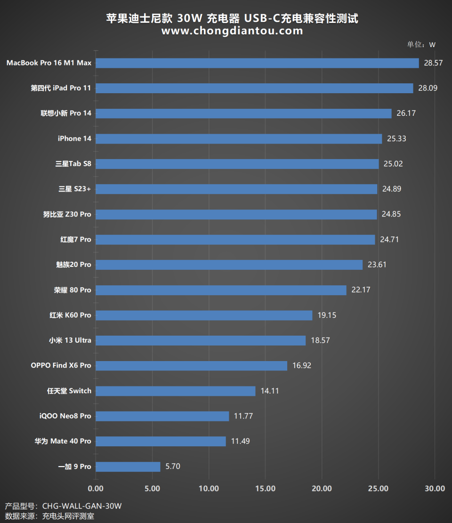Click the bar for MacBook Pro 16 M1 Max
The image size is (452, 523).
click(x=257, y=63)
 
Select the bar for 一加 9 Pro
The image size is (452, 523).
click(x=128, y=467)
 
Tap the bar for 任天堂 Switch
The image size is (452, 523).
click(x=176, y=391)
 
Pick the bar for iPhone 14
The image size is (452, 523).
click(x=239, y=138)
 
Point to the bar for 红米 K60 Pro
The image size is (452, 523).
click(x=204, y=315)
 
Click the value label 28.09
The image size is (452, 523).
click(x=428, y=88)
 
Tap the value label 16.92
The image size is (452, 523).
click(x=301, y=365)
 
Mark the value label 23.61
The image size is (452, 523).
click(x=377, y=265)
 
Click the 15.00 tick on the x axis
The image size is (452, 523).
click(x=266, y=489)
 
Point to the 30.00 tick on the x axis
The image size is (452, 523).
click(x=435, y=489)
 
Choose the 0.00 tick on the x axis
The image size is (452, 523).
click(x=96, y=489)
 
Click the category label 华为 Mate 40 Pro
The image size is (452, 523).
click(x=63, y=441)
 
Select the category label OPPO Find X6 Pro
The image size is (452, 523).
click(x=61, y=365)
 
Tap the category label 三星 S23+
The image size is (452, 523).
click(x=75, y=189)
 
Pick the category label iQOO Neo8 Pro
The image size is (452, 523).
click(x=65, y=416)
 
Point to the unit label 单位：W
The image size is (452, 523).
click(x=421, y=45)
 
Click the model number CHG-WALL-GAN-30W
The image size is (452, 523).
click(x=82, y=506)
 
